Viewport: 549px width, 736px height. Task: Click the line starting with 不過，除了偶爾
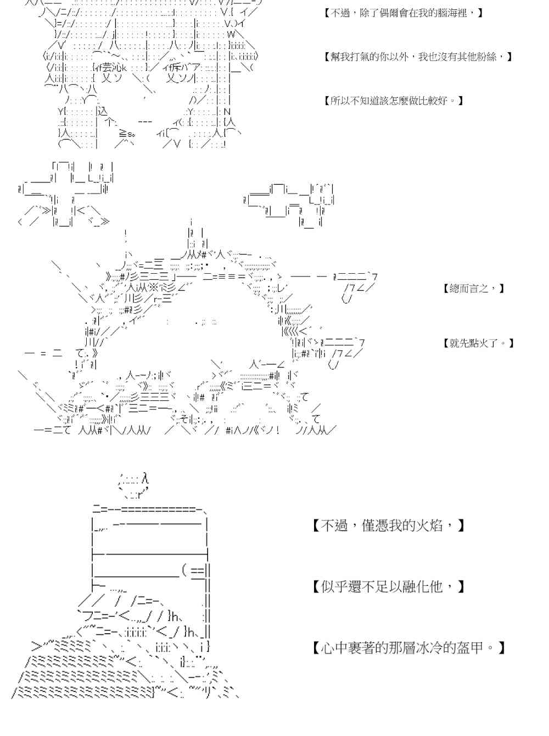pyautogui.click(x=404, y=12)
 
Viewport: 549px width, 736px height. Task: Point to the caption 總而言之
pyautogui.click(x=473, y=288)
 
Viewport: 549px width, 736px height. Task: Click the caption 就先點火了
pyautogui.click(x=478, y=343)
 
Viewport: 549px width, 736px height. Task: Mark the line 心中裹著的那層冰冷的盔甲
pyautogui.click(x=408, y=648)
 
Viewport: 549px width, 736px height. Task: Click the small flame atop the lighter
pyautogui.click(x=133, y=483)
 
